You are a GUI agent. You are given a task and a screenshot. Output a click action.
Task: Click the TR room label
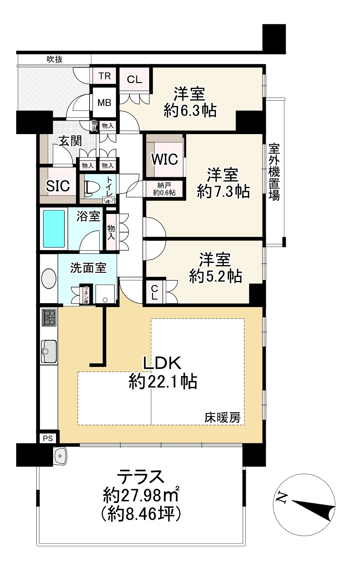(105, 76)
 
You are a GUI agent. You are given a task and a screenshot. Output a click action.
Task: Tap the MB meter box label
(104, 103)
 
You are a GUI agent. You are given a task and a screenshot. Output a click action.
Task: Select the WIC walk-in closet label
(164, 159)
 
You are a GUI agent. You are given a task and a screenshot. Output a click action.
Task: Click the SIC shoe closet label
(58, 185)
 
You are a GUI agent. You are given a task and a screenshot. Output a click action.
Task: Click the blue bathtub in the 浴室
(54, 229)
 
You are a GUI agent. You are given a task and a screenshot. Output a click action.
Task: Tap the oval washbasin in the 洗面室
(49, 278)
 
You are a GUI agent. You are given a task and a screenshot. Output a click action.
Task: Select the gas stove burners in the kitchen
(49, 317)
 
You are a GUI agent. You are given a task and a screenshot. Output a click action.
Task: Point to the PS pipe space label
(48, 438)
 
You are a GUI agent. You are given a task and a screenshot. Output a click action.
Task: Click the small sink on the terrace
(60, 455)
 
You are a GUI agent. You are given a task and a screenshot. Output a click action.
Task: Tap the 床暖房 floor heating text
(222, 417)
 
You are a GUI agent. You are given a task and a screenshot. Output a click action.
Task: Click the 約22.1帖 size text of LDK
(163, 382)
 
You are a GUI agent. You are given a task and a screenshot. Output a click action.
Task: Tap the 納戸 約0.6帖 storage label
(164, 189)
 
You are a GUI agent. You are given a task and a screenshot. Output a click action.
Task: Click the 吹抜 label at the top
(55, 59)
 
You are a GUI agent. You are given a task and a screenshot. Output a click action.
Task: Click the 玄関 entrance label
(70, 141)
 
